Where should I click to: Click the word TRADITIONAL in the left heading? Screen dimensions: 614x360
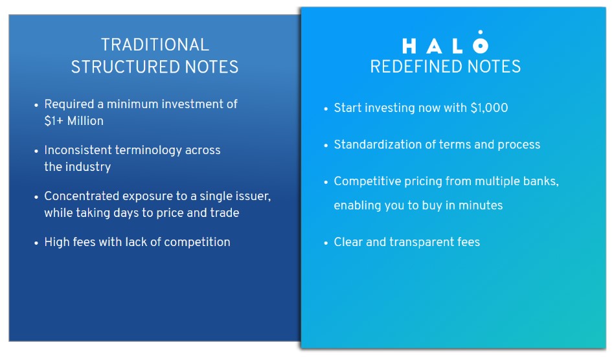click(155, 45)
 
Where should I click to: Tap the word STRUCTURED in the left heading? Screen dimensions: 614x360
click(126, 67)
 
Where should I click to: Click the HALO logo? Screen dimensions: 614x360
click(445, 42)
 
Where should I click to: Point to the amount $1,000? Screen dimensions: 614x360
click(489, 108)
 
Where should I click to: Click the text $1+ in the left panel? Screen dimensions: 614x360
click(54, 121)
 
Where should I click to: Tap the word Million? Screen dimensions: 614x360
click(85, 121)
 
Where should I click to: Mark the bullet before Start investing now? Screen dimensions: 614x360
click(326, 109)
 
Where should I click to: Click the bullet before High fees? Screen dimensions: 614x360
click(36, 243)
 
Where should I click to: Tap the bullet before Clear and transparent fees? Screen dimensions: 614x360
click(326, 243)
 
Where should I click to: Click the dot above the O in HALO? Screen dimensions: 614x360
click(480, 32)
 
